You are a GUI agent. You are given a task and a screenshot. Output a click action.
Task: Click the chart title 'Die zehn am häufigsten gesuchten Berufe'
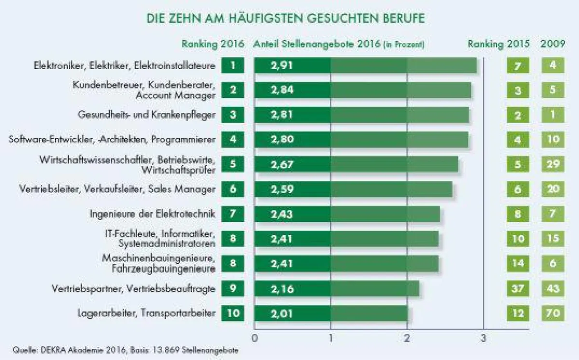pos(285,18)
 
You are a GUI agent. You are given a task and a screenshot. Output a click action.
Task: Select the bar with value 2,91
pos(365,65)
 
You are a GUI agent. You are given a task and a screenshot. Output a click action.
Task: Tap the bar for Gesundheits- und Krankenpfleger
pos(361,115)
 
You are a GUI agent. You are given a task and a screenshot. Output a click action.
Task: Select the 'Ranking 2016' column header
pos(212,44)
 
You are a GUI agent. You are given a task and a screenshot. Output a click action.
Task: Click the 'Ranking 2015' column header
pos(498,44)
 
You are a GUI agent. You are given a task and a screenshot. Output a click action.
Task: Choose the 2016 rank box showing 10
pos(233,313)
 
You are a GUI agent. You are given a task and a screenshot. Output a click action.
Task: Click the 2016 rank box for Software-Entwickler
pos(233,139)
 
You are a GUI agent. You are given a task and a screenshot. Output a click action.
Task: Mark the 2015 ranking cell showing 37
pos(518,289)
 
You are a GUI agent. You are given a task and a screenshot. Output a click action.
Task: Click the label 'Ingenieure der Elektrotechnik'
pos(152,213)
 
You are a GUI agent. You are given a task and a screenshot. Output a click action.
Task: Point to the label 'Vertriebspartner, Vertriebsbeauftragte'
pos(133,289)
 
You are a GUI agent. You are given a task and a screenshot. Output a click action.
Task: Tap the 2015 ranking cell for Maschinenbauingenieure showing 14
pos(518,263)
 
